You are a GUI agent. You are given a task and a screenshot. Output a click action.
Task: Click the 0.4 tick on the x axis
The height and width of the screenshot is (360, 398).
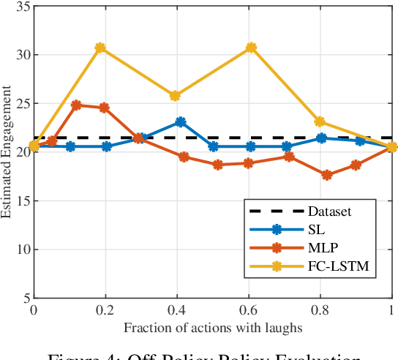coord(176,310)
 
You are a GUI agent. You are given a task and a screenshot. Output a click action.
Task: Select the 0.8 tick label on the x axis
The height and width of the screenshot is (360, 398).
coord(319,310)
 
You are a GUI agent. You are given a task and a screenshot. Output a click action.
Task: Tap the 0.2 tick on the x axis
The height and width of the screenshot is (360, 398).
coord(104,310)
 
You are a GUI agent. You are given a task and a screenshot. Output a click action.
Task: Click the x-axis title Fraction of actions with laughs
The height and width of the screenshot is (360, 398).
coord(211,326)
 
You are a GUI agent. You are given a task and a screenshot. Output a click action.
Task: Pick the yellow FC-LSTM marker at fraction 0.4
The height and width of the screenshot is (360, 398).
coord(175,96)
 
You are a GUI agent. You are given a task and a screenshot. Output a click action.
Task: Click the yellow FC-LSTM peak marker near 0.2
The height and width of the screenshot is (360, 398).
coord(100,48)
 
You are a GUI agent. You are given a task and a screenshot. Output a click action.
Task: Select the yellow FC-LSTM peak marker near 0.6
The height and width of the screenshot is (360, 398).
coord(251,48)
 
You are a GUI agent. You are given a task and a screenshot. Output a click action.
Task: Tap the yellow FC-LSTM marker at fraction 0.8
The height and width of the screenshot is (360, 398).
coord(319,121)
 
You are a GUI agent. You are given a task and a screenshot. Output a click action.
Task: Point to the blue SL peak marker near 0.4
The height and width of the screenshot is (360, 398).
coord(180,122)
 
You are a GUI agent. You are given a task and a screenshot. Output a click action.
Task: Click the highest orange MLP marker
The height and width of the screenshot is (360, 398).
coord(76,105)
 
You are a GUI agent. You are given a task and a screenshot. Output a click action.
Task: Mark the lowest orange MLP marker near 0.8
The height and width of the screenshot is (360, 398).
coord(326,175)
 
